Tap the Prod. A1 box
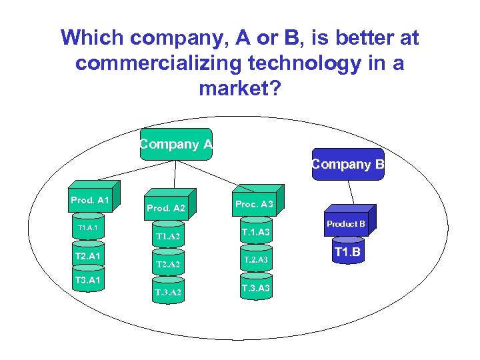[91, 199]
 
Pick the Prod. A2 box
[166, 209]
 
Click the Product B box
[345, 224]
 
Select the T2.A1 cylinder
[88, 256]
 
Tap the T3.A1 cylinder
[88, 280]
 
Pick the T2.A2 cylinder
[168, 264]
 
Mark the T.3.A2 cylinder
[168, 292]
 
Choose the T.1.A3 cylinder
[255, 232]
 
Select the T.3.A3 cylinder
[255, 287]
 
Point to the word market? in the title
[240, 88]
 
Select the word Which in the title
[93, 38]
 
